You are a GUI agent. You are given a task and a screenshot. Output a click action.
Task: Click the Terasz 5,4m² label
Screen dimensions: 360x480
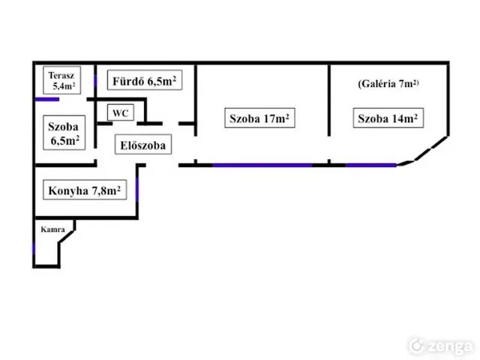point(62,80)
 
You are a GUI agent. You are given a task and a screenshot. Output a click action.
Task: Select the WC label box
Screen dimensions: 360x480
point(120,112)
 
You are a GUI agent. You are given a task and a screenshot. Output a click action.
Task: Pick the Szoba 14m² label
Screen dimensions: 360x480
point(387,118)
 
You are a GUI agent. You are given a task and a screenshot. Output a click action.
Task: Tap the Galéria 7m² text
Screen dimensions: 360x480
point(388,85)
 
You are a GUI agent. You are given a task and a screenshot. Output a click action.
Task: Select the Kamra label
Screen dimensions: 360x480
point(52,228)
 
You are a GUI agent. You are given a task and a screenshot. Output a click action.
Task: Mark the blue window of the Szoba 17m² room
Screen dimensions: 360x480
point(262,164)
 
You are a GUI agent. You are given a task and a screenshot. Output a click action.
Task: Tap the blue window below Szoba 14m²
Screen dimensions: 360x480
point(370,164)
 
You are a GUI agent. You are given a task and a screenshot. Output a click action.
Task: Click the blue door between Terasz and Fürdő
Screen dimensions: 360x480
point(95,82)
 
